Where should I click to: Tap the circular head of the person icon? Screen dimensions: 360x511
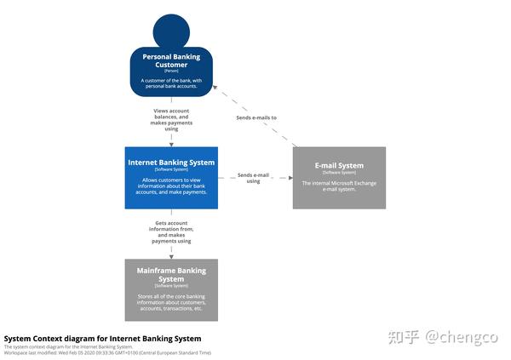[171, 30]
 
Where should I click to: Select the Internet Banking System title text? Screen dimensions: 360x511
[171, 162]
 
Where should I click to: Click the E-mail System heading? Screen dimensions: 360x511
[339, 166]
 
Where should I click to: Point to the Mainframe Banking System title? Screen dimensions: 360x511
[171, 275]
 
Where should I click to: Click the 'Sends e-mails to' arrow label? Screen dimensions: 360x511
[256, 117]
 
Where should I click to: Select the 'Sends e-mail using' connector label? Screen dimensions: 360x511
[253, 177]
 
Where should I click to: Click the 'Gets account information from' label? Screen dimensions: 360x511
[171, 231]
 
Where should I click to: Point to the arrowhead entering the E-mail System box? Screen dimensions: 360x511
[289, 178]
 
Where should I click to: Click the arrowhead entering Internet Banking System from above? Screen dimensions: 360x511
[171, 144]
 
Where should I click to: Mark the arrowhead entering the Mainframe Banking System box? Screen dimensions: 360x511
[171, 256]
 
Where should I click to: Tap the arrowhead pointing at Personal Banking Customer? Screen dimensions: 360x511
[215, 87]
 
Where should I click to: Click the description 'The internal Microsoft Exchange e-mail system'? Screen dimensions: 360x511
[339, 186]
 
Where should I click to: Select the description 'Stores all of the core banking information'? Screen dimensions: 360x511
[171, 302]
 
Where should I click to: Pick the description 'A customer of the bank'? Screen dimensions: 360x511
[171, 83]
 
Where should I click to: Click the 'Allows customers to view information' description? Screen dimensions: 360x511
[171, 186]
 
